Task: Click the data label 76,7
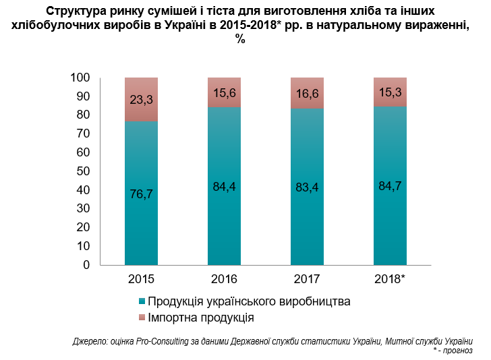(141, 194)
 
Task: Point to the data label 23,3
(141, 99)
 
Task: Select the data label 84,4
(224, 187)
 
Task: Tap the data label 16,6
(307, 94)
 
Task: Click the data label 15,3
(390, 92)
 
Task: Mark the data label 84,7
(390, 186)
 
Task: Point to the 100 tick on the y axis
(80, 78)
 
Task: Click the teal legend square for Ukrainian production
(141, 301)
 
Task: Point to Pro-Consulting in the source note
(158, 341)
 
